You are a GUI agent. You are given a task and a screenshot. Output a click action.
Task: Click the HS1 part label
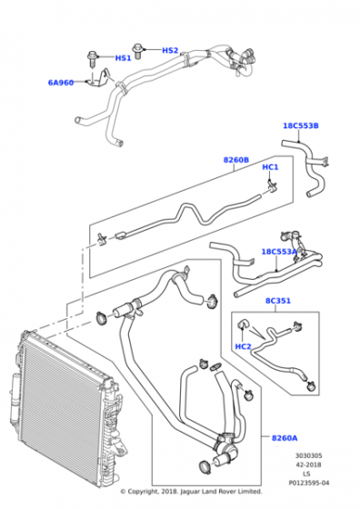point(123,59)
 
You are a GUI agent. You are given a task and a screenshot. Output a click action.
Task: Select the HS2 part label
point(170,50)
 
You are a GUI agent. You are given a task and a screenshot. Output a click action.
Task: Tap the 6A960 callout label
point(61,83)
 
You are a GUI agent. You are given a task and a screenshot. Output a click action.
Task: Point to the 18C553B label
point(300,126)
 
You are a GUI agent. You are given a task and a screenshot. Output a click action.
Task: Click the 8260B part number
point(237,161)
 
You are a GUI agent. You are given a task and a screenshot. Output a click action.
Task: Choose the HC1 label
point(270,167)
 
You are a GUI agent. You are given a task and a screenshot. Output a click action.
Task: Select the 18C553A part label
point(279,252)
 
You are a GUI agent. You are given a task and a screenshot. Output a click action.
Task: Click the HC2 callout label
point(243,346)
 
